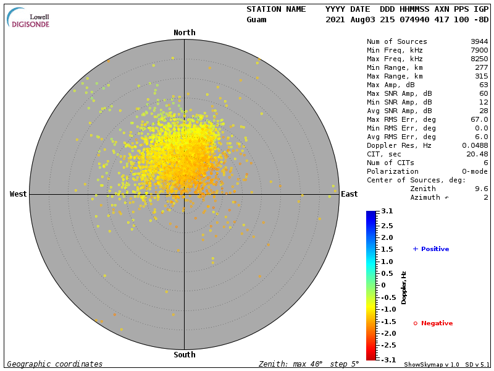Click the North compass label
184,33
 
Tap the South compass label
184,355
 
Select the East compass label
349,194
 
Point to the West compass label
19,194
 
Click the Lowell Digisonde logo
29,18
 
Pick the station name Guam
256,20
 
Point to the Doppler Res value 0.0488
475,145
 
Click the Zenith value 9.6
482,189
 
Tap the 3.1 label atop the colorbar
387,211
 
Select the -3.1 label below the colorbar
387,359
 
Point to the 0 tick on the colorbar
383,285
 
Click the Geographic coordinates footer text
55,364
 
